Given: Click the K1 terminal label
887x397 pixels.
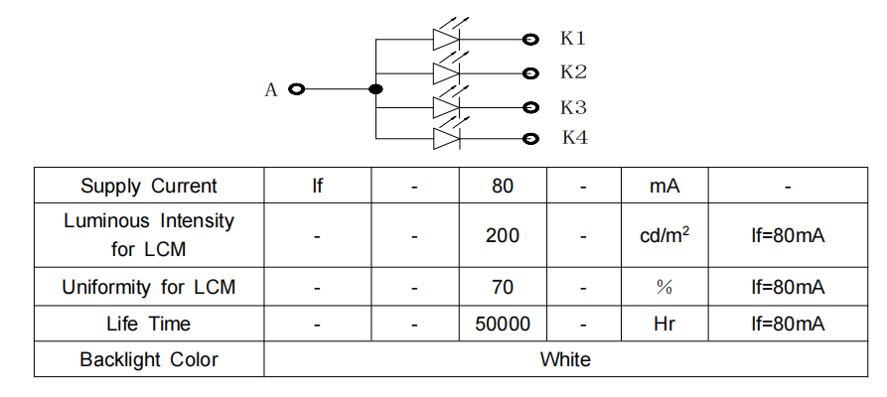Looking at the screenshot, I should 573,39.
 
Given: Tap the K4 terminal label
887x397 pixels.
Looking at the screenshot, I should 575,138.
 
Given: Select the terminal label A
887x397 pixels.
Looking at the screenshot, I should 270,90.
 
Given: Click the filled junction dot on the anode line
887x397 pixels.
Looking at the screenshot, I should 375,90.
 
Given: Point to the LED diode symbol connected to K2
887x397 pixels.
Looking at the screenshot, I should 446,72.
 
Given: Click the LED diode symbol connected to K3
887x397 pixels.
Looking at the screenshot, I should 446,106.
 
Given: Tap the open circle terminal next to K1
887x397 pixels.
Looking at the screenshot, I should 530,40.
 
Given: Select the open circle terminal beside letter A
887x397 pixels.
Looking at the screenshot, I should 295,90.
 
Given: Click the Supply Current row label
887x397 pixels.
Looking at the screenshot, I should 149,186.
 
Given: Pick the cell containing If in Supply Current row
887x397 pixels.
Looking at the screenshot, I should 317,186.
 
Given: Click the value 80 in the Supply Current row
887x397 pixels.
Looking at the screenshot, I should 503,186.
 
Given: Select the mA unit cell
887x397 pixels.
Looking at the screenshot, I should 664,186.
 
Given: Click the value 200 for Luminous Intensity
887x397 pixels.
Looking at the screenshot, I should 503,236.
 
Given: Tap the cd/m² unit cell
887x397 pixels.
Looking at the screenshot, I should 664,236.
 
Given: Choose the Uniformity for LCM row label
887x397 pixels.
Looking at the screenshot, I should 149,288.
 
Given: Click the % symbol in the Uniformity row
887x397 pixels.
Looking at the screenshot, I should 664,288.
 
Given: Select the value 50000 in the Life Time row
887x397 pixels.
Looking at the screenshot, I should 503,324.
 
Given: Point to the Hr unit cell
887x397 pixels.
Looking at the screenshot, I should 664,324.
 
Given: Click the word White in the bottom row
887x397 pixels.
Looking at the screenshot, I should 565,359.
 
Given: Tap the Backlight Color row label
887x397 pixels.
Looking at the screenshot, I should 149,359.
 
